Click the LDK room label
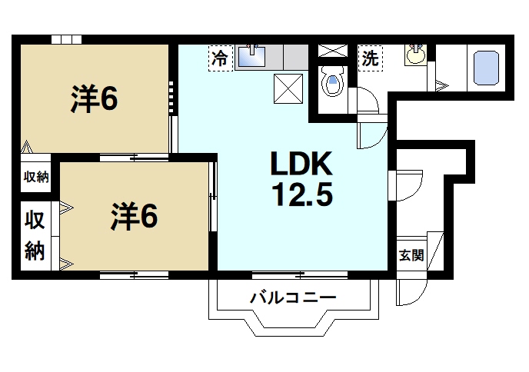tap(300, 164)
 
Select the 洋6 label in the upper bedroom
tap(95, 98)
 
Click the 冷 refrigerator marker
tap(220, 58)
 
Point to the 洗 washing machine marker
tap(370, 58)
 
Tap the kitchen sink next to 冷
tap(253, 57)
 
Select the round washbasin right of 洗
tap(415, 55)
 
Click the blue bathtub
tap(486, 68)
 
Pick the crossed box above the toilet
tap(333, 51)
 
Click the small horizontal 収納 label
tap(35, 177)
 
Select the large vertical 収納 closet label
tap(35, 235)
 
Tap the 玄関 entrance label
tap(411, 255)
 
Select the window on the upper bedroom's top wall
tap(66, 39)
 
